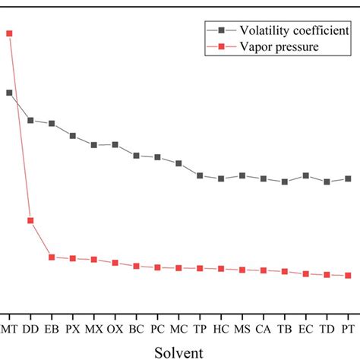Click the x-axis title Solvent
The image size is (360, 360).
179,352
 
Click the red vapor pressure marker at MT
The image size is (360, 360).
9,33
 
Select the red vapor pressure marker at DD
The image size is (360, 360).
30,221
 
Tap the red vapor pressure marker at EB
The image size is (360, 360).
52,257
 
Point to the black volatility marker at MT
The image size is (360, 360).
9,93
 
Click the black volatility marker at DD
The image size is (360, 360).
30,120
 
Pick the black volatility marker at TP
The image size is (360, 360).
200,175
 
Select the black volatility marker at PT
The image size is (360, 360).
348,178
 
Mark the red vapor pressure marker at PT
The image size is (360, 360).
348,276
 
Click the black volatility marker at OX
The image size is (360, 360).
115,144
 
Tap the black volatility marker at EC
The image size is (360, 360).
305,175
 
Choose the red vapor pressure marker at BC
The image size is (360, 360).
136,267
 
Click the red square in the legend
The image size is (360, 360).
221,47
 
